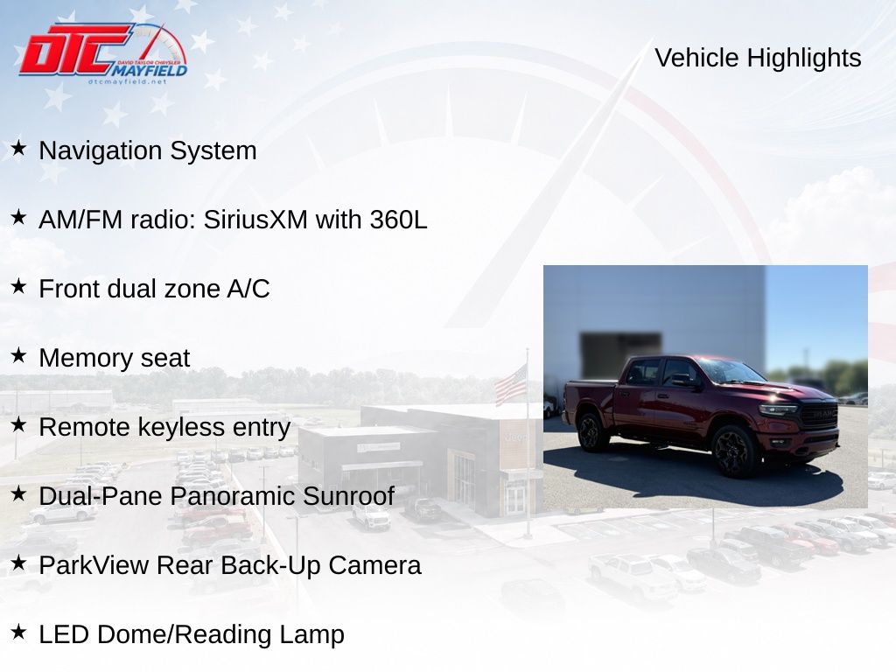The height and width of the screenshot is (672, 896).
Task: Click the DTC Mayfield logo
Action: (103, 53)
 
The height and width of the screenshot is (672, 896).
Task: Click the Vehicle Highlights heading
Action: (758, 58)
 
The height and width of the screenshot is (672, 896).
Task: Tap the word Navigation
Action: (100, 151)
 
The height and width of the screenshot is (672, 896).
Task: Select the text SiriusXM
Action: (255, 220)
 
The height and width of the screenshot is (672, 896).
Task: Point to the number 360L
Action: (398, 220)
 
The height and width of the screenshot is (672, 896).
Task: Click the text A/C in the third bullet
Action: (248, 289)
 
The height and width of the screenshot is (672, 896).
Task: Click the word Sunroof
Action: (348, 496)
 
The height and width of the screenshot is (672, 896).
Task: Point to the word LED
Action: (63, 634)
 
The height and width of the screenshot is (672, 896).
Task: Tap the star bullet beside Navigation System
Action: (19, 149)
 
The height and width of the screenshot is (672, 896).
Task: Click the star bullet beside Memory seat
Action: (19, 356)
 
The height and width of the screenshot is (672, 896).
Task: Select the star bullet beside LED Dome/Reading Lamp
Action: (19, 633)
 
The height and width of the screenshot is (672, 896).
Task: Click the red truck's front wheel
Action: (734, 451)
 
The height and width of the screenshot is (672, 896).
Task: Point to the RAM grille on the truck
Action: (818, 414)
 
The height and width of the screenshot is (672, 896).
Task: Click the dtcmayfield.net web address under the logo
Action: (128, 81)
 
